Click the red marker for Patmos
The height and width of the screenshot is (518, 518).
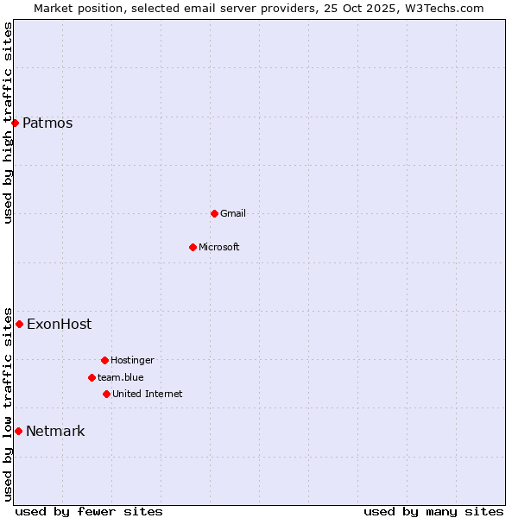tap(15, 123)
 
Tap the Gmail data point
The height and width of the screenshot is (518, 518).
tap(214, 213)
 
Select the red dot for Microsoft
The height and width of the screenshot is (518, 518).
tap(193, 247)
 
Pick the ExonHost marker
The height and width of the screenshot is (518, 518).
tap(19, 325)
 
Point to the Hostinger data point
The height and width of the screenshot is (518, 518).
tap(104, 360)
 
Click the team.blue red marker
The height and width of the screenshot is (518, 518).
tap(92, 377)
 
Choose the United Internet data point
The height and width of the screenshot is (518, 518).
tap(106, 394)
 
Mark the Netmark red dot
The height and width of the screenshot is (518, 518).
tap(18, 431)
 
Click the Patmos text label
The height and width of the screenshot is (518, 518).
tap(47, 123)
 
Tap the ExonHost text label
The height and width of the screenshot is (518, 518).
tap(59, 325)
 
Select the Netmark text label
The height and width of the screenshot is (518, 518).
tap(55, 431)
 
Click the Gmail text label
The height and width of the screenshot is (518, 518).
tap(233, 213)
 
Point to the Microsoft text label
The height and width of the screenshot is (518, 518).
tap(219, 247)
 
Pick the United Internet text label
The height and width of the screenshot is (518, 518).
tap(148, 394)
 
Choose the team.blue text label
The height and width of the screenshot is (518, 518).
tap(121, 377)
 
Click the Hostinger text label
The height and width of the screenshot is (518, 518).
tap(132, 360)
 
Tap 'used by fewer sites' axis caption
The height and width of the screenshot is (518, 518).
tap(89, 511)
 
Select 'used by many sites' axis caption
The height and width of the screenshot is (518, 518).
tap(433, 511)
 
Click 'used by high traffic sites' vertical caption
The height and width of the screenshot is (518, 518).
tap(8, 123)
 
